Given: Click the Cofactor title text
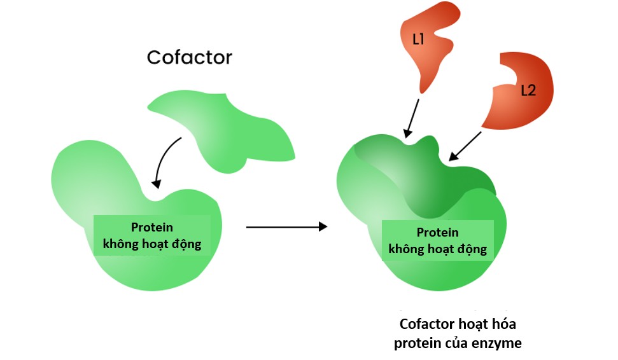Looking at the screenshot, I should (x=190, y=57).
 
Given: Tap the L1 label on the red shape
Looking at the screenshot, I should (x=419, y=39).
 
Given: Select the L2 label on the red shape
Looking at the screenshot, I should (x=528, y=90).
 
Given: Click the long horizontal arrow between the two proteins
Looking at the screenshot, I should (x=286, y=226).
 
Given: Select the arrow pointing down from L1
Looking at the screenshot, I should (x=412, y=117).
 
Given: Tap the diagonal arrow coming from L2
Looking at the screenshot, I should (x=466, y=145).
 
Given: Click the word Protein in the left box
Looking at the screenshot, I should (x=151, y=227).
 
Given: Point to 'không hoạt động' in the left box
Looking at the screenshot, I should (x=151, y=244).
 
